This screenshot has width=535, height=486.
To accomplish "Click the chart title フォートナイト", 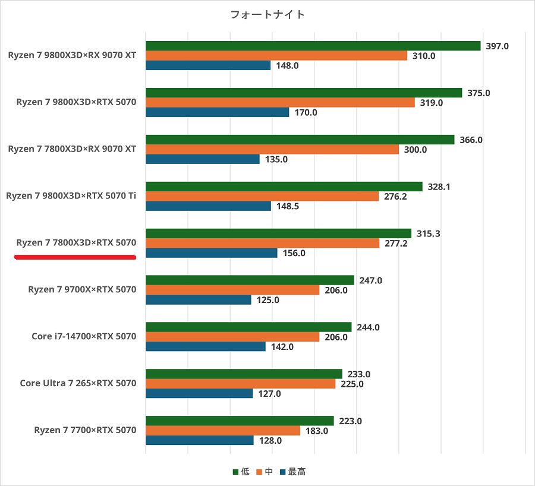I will point(267,15).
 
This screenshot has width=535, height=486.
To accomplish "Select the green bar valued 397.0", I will point(313,46).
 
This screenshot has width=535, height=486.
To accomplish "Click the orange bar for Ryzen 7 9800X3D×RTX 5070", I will point(280,103).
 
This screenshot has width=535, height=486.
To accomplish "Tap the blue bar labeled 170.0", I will point(217,112).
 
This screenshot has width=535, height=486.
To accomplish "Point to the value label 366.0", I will point(471,140).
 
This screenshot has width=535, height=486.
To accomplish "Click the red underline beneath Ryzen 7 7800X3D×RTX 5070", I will point(75,257).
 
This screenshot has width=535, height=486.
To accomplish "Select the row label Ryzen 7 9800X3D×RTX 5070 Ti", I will point(71,196).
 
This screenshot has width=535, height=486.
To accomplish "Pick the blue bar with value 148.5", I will point(208,206).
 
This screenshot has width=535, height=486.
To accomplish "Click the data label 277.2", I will point(396,244).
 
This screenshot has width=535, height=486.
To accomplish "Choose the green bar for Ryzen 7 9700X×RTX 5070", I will point(250,280).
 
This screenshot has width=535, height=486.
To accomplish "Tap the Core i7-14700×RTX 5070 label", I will point(84,336).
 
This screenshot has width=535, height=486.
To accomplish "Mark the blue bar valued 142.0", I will point(205,347).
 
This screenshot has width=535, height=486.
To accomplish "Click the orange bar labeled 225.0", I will point(240,384).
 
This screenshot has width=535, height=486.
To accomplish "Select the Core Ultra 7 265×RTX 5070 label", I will point(78,383).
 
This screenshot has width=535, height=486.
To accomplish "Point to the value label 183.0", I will point(317,431).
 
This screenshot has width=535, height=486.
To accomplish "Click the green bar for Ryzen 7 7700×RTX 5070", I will point(240,421).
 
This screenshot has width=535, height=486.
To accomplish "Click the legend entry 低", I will point(241,472).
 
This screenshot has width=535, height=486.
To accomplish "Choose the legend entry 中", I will point(265,472).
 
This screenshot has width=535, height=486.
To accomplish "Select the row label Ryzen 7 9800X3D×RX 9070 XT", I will point(73,55).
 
